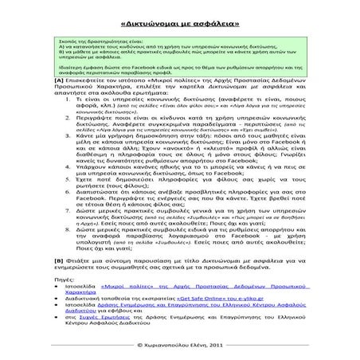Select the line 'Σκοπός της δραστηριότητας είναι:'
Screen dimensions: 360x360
click(x=96, y=38)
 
